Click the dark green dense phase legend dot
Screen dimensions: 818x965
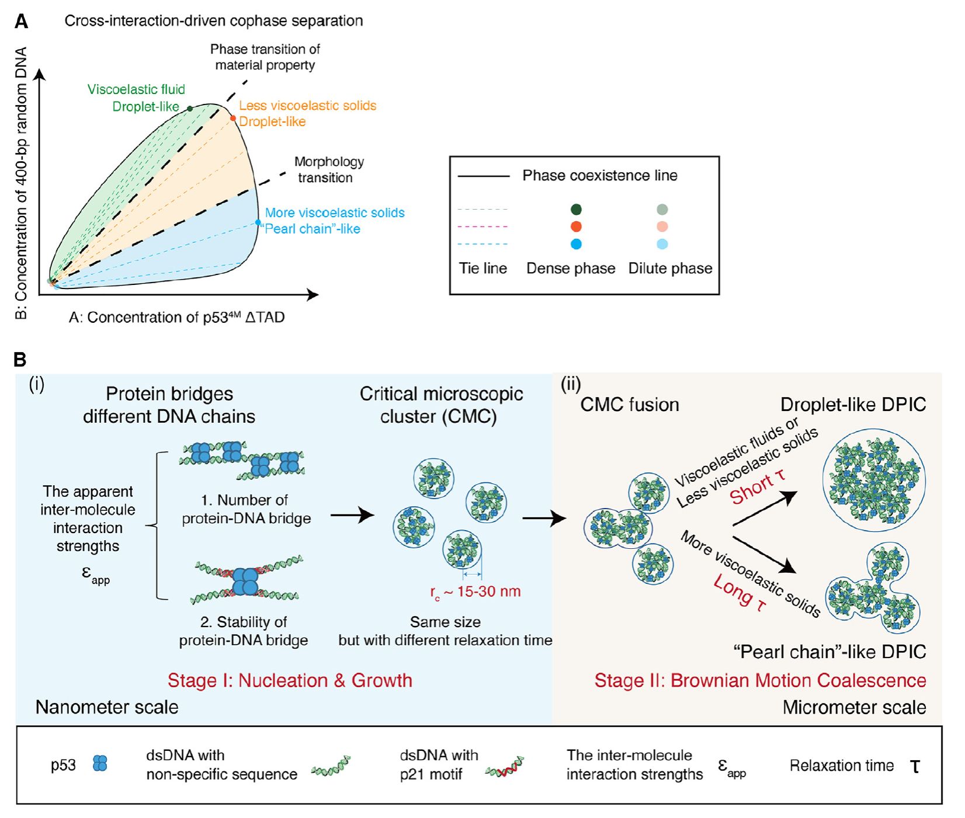pyautogui.click(x=576, y=210)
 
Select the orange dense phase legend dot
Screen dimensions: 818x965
pyautogui.click(x=576, y=227)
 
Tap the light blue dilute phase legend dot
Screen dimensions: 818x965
pyautogui.click(x=662, y=244)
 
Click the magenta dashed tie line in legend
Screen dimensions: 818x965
pyautogui.click(x=483, y=227)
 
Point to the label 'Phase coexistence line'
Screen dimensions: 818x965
pyautogui.click(x=599, y=175)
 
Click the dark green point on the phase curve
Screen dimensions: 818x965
pyautogui.click(x=190, y=109)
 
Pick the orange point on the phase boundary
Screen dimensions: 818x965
pyautogui.click(x=232, y=119)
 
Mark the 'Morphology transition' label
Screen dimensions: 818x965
pyautogui.click(x=328, y=169)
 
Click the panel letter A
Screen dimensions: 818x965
pyautogui.click(x=21, y=22)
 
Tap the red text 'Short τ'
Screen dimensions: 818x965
pyautogui.click(x=758, y=487)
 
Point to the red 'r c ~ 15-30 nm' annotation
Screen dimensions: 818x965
pyautogui.click(x=475, y=592)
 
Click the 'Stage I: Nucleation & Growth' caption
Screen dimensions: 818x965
pyautogui.click(x=290, y=680)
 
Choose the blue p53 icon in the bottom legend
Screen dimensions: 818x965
pyautogui.click(x=100, y=764)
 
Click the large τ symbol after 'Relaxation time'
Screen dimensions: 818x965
pyautogui.click(x=915, y=765)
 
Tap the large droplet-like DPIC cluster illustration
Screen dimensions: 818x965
pyautogui.click(x=873, y=480)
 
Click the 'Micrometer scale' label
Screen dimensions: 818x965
pyautogui.click(x=854, y=707)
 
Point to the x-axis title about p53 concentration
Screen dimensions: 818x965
pyautogui.click(x=177, y=317)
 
